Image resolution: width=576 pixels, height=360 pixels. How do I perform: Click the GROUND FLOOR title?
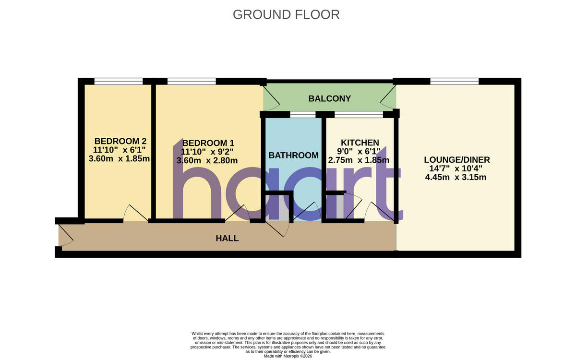click(x=286, y=15)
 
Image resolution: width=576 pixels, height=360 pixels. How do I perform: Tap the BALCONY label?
click(x=329, y=98)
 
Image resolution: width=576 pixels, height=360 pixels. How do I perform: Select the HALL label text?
click(x=227, y=239)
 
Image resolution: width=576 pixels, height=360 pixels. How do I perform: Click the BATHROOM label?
click(x=293, y=156)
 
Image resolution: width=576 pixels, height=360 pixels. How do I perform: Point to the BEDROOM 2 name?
click(x=120, y=141)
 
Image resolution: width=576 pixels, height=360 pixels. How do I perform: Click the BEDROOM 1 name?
click(x=208, y=143)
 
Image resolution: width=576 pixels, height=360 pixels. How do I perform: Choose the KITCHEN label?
click(x=360, y=143)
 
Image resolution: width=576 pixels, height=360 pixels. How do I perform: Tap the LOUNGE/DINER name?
click(x=457, y=160)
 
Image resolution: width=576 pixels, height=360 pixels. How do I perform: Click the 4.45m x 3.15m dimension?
click(x=456, y=177)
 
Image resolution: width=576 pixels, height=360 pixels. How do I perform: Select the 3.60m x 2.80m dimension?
click(x=207, y=160)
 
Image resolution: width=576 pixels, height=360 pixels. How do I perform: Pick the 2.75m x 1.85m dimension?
click(x=359, y=160)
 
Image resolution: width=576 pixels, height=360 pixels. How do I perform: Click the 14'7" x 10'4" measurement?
click(x=456, y=168)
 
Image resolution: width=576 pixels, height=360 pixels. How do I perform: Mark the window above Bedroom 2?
click(x=119, y=81)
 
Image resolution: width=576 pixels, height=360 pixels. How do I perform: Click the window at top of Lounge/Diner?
click(x=455, y=81)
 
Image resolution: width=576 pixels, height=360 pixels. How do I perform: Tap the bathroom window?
click(x=303, y=114)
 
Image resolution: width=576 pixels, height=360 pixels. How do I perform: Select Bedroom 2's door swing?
click(x=135, y=213)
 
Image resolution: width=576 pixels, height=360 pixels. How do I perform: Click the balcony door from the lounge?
click(x=388, y=96)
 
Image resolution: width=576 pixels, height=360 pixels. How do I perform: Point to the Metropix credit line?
click(x=288, y=356)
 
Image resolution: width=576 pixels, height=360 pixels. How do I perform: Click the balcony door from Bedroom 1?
click(x=271, y=96)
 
